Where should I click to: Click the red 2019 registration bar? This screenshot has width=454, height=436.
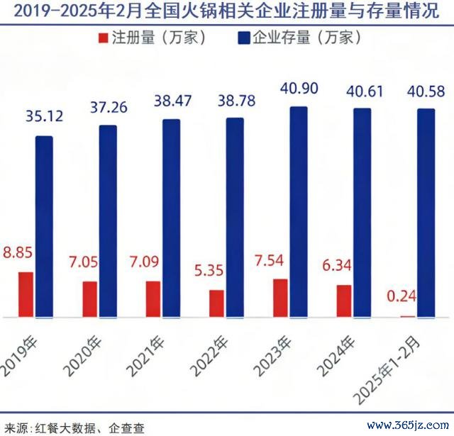26,294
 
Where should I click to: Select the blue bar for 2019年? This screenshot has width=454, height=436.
44,227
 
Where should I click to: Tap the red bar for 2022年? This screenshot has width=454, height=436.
216,303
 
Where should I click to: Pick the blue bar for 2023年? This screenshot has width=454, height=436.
299,213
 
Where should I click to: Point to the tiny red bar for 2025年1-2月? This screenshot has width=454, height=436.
407,316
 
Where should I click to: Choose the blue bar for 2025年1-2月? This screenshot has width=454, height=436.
426,213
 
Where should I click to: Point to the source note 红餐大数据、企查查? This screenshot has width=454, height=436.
74,427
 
